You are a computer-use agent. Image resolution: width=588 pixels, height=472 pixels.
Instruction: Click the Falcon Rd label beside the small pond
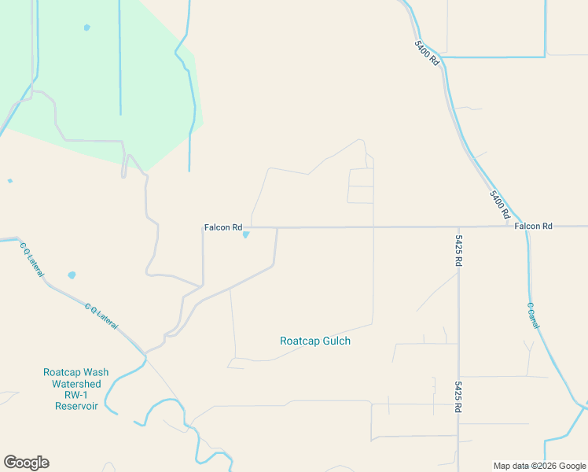coord(223,227)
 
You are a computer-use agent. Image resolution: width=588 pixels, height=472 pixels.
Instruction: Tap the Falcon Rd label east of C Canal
coord(534,227)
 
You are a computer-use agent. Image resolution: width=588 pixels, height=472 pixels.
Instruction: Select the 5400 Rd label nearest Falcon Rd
coord(500,205)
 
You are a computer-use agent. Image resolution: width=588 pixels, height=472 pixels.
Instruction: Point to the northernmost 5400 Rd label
coord(427,53)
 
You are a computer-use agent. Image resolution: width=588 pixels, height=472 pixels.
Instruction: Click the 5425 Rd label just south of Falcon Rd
coord(458,251)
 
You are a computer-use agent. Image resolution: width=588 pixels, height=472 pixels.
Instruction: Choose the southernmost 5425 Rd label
coord(458,397)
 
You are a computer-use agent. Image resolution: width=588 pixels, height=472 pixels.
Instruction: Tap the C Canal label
coord(532,315)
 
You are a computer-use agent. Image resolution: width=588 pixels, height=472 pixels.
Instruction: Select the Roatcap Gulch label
coord(315,341)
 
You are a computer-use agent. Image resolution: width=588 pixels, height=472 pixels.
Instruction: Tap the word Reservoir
coord(76,406)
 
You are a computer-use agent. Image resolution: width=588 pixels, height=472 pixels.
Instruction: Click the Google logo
coord(26,463)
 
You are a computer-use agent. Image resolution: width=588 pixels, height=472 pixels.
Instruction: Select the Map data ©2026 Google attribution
coord(540,466)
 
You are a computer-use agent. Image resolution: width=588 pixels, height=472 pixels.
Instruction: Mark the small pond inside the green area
coord(86,28)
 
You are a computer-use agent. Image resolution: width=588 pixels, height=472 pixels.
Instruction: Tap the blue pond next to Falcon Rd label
coord(246,234)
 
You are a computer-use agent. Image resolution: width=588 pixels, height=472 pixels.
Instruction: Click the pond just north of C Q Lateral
coord(72,275)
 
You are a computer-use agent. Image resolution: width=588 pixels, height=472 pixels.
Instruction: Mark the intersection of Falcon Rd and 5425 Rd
coord(458,227)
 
